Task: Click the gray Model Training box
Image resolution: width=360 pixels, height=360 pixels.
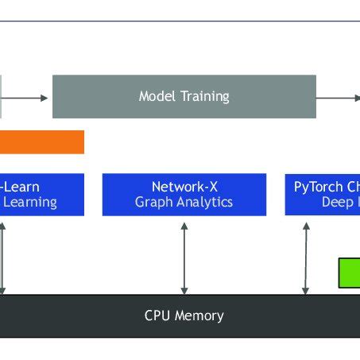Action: point(184,96)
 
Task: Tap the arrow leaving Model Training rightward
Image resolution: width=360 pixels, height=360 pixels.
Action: point(338,98)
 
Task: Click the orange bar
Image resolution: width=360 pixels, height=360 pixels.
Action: point(41,142)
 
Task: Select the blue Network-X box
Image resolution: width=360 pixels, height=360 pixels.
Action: point(184,194)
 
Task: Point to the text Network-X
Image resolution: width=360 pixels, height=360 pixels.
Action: point(184,187)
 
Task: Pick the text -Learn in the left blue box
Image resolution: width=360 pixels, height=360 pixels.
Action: point(21,187)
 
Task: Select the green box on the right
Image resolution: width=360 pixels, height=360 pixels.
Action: point(349,273)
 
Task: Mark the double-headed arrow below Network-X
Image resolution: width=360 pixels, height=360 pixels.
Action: point(184,257)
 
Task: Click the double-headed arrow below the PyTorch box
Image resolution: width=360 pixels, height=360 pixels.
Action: point(305,257)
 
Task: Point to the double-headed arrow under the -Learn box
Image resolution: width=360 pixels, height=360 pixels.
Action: point(4,257)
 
